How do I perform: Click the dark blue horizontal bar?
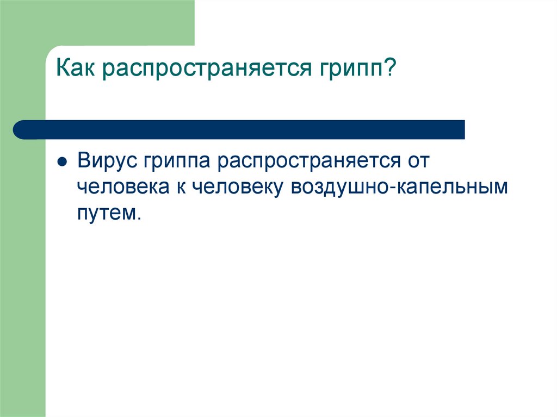coord(239,130)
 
